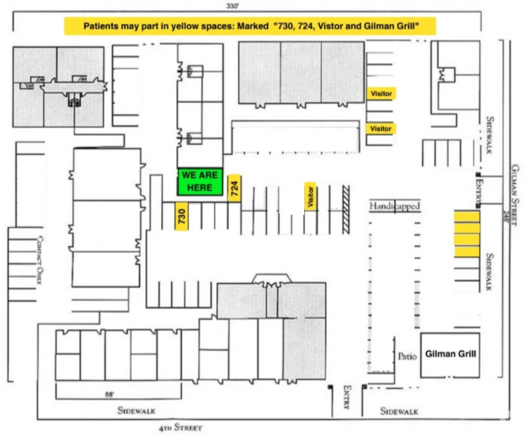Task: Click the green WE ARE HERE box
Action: tap(200, 182)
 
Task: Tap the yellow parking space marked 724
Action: tap(236, 187)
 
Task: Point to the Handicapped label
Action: tap(394, 206)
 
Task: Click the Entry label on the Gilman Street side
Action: tap(478, 188)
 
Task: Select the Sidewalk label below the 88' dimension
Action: tap(135, 410)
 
